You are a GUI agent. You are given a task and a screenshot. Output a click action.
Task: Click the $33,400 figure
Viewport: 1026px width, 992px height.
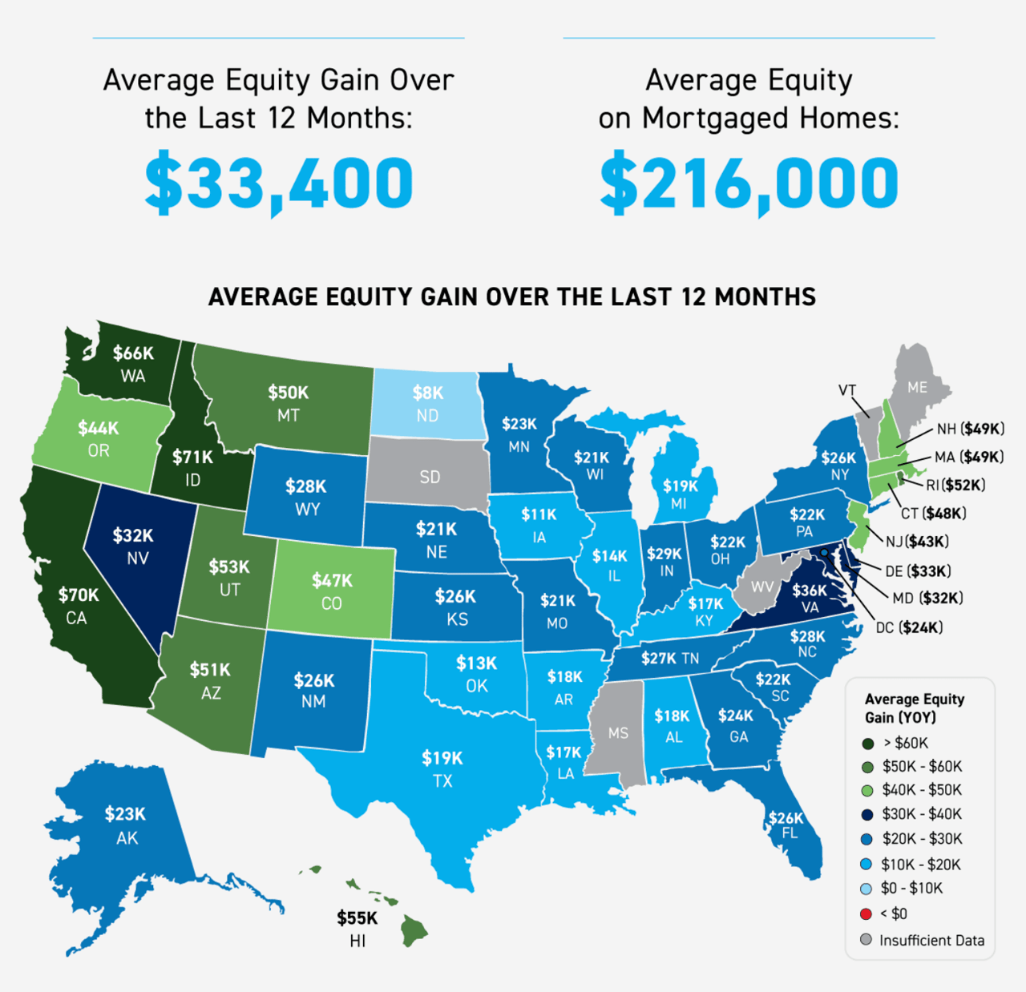pyautogui.click(x=278, y=182)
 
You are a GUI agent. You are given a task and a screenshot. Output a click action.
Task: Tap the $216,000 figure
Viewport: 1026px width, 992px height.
pyautogui.click(x=749, y=182)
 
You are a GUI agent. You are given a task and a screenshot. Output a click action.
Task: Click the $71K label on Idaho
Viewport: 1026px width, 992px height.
pyautogui.click(x=193, y=457)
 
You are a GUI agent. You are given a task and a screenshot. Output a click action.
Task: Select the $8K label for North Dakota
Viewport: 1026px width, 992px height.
pyautogui.click(x=428, y=393)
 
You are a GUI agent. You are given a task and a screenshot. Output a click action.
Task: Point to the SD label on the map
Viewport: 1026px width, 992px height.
pyautogui.click(x=430, y=478)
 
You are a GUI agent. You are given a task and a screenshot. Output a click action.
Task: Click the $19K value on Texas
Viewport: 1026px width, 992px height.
pyautogui.click(x=442, y=758)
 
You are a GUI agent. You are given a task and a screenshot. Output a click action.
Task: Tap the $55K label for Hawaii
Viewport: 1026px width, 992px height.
pyautogui.click(x=357, y=918)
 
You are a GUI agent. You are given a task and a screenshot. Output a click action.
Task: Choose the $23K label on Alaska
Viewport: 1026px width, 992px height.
pyautogui.click(x=125, y=814)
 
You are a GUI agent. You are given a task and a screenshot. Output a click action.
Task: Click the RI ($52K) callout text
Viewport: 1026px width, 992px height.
pyautogui.click(x=955, y=485)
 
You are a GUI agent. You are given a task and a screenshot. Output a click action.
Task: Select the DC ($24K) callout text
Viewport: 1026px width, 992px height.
pyautogui.click(x=909, y=627)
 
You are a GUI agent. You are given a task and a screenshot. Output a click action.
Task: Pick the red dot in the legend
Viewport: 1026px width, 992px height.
pyautogui.click(x=866, y=913)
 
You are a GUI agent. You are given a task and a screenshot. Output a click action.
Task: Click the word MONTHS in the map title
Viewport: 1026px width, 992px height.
pyautogui.click(x=765, y=297)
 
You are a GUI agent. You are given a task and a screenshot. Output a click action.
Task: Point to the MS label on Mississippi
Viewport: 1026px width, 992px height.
pyautogui.click(x=618, y=733)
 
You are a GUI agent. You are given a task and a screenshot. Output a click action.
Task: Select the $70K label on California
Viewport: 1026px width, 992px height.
pyautogui.click(x=79, y=595)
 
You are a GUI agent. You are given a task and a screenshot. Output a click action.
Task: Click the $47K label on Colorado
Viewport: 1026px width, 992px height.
pyautogui.click(x=332, y=580)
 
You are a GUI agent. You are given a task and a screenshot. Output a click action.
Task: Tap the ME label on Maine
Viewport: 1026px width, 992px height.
pyautogui.click(x=917, y=387)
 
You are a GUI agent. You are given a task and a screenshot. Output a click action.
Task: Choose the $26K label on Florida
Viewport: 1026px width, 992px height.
pyautogui.click(x=786, y=817)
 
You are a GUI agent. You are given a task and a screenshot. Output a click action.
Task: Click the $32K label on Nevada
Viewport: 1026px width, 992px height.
pyautogui.click(x=133, y=535)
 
